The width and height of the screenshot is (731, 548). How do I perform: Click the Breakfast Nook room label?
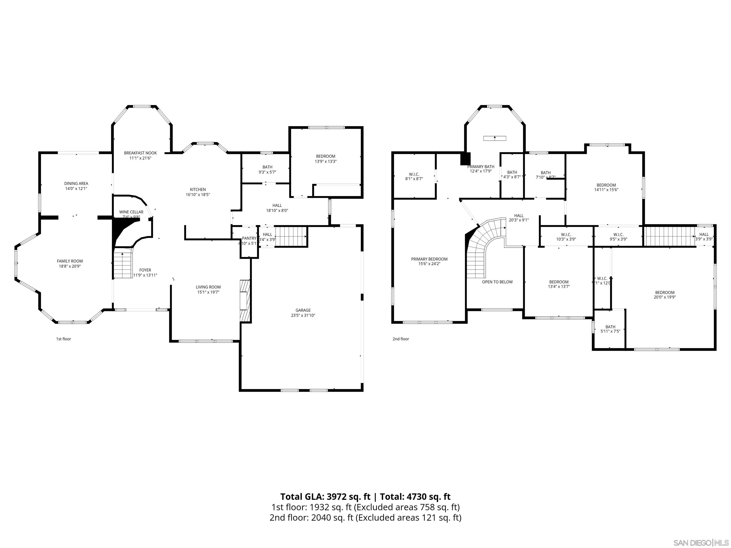[x=140, y=153]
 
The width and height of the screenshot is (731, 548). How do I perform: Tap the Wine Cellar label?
[x=131, y=212]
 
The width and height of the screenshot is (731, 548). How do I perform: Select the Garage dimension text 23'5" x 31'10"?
[x=303, y=315]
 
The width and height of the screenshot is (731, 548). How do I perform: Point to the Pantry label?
[x=249, y=238]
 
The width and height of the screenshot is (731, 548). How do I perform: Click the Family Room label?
[x=70, y=261]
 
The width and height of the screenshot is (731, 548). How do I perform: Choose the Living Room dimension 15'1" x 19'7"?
[x=208, y=292]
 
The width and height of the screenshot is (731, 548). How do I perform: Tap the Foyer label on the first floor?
[x=145, y=270]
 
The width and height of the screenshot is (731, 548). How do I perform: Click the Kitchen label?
[x=198, y=190]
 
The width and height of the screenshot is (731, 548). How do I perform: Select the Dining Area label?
[x=76, y=183]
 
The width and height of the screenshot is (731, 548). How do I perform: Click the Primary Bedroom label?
[x=429, y=259]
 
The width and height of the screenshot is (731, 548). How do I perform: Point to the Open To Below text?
[x=497, y=282]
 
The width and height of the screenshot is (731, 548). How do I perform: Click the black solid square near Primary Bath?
[x=465, y=159]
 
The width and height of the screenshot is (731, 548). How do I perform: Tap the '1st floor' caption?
[x=64, y=339]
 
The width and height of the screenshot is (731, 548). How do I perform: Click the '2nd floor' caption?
[x=400, y=339]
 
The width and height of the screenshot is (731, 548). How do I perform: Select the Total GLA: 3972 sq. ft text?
[x=325, y=497]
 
